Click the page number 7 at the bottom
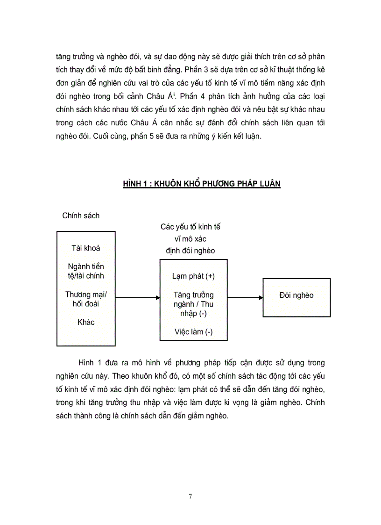pyautogui.click(x=190, y=496)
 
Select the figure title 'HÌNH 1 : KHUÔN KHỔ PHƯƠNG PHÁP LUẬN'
pyautogui.click(x=202, y=184)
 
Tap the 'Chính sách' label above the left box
pyautogui.click(x=81, y=216)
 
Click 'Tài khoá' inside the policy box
pyautogui.click(x=86, y=248)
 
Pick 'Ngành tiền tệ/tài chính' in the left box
pyautogui.click(x=86, y=271)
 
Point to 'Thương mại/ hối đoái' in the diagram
pyautogui.click(x=86, y=299)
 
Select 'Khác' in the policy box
pyautogui.click(x=86, y=322)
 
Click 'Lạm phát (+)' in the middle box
pyautogui.click(x=193, y=276)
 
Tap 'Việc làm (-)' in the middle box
pyautogui.click(x=193, y=332)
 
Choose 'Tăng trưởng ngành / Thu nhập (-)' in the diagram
pyautogui.click(x=193, y=304)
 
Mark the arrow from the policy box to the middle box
pyautogui.click(x=138, y=297)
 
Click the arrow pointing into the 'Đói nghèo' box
pyautogui.click(x=245, y=297)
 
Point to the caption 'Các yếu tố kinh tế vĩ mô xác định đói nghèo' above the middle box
pyautogui.click(x=190, y=238)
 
